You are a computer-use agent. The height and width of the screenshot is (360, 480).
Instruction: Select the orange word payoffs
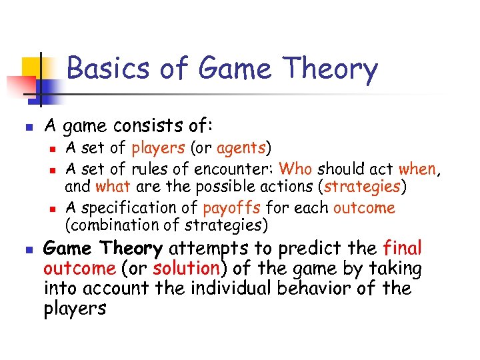(x=231, y=207)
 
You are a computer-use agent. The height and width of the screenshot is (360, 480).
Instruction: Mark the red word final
(x=403, y=249)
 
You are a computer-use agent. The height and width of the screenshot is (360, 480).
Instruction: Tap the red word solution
(x=186, y=269)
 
